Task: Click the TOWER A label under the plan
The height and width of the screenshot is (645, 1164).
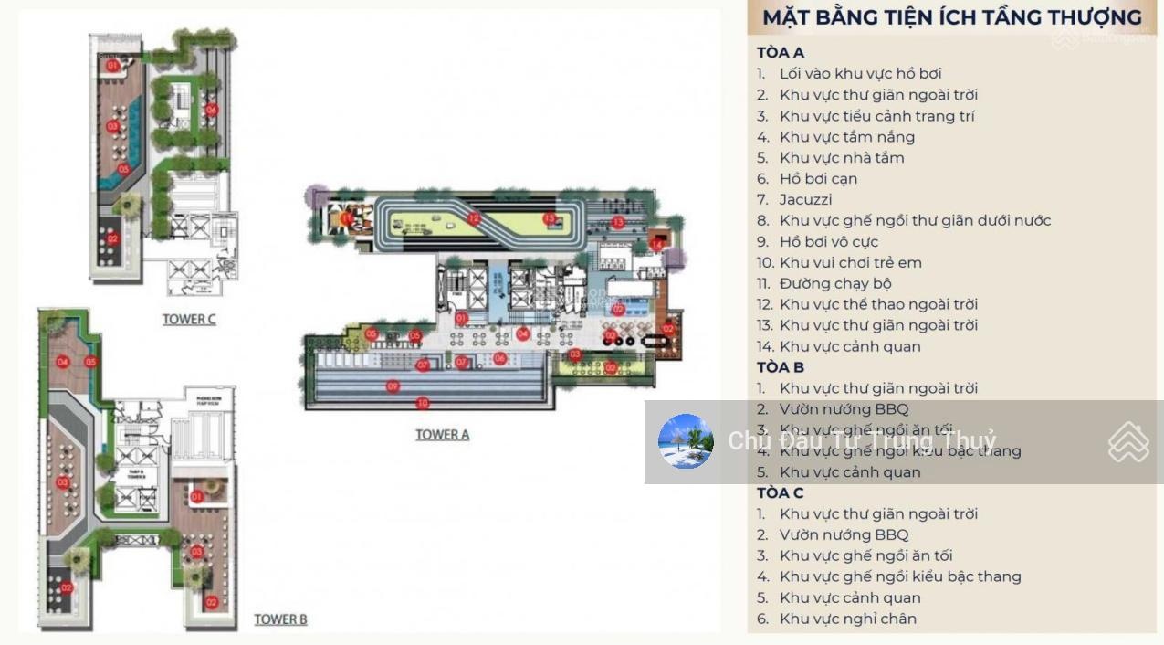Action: (x=442, y=435)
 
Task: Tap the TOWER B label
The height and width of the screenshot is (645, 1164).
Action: (x=280, y=619)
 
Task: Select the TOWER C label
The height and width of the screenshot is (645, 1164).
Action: (x=189, y=320)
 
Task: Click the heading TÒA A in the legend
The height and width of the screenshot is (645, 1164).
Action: (x=780, y=53)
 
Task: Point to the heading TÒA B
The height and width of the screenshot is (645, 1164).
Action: (x=780, y=367)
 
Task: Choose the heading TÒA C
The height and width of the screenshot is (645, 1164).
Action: (x=780, y=493)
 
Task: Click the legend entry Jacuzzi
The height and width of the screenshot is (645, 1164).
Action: (x=805, y=199)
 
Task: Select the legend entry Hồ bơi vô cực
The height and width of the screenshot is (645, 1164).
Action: (x=828, y=241)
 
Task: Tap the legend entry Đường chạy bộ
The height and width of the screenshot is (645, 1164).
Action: (x=834, y=283)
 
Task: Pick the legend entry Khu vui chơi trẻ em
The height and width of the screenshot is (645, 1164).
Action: (x=850, y=262)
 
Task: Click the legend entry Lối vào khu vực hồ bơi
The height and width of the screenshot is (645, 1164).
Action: (x=860, y=73)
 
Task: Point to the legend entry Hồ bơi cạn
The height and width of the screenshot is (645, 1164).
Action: (x=818, y=178)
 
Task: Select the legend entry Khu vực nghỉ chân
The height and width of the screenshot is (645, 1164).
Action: (x=847, y=619)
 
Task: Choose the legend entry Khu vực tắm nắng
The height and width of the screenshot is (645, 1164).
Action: (x=846, y=137)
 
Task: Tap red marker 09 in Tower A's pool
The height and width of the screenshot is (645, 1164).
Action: (x=393, y=386)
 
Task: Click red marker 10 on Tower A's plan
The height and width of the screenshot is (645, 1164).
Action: (x=422, y=403)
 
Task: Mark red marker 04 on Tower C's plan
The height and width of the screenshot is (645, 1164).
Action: (x=211, y=110)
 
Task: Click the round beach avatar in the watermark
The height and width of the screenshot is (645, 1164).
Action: (x=686, y=442)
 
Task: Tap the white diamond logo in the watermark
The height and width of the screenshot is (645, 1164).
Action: (x=1128, y=442)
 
